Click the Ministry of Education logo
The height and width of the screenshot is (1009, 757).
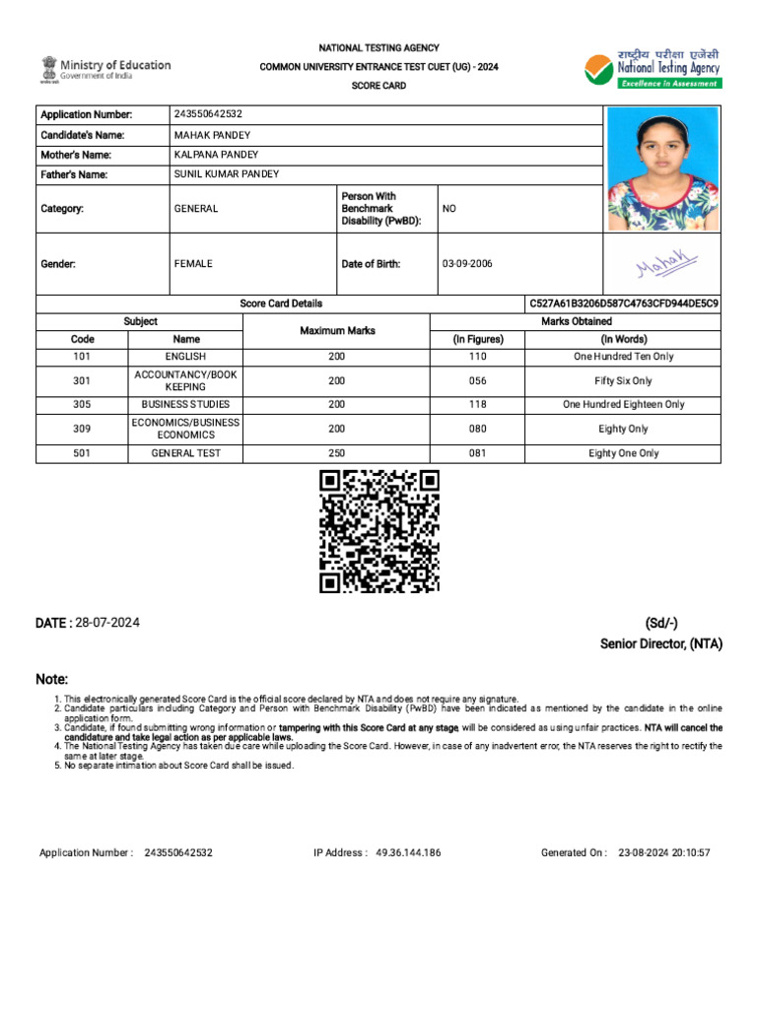(105, 69)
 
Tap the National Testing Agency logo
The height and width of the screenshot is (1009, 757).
(653, 68)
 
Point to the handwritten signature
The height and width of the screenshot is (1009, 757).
(665, 263)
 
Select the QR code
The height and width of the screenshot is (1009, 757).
(378, 531)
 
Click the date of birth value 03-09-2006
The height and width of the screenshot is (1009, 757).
(468, 264)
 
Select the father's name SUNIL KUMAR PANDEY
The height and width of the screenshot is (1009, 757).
(226, 174)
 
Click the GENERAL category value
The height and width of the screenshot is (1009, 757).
(196, 209)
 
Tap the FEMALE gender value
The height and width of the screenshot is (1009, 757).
(193, 264)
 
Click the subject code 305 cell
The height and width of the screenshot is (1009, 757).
(82, 404)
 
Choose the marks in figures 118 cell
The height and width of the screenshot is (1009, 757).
(478, 404)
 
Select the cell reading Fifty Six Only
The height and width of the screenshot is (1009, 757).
(623, 380)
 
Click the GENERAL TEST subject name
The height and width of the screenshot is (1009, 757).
(185, 453)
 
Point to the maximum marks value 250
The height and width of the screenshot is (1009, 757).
(337, 453)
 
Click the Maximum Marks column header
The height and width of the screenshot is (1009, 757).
(336, 330)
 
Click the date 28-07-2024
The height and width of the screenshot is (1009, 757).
(106, 623)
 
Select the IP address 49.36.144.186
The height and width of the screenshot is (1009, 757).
(408, 852)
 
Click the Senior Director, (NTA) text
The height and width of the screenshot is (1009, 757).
(660, 643)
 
